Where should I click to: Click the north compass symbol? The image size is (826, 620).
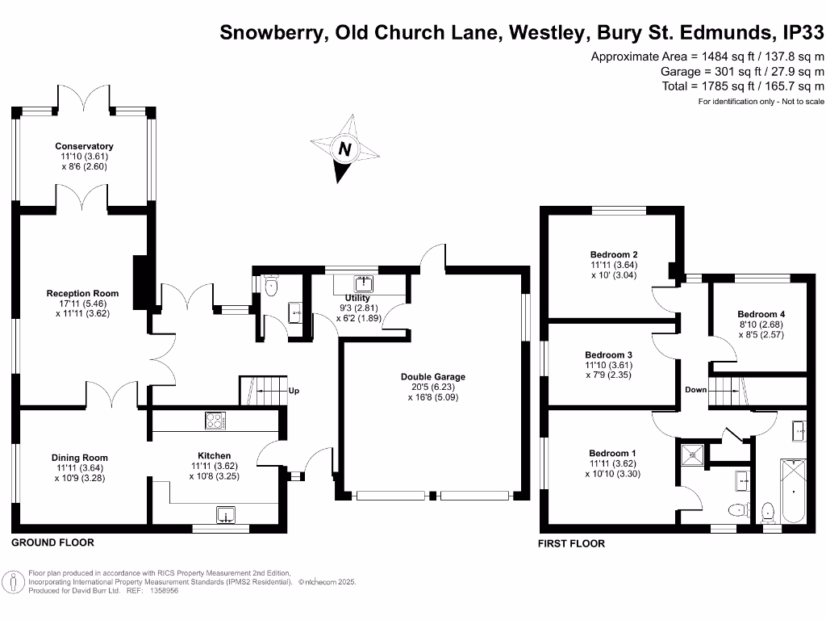pos(345,149)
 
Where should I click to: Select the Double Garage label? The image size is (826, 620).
pos(433,376)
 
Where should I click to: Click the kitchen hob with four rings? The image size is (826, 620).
pos(215,421)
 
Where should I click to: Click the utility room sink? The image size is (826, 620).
pos(364,283)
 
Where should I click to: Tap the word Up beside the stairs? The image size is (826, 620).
pos(294,391)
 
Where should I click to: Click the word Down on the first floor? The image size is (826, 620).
pos(695,389)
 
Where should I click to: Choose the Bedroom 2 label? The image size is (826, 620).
pos(615,254)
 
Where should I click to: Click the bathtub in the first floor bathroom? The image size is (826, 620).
pos(794,489)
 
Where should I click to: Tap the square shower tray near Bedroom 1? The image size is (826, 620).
pos(692,455)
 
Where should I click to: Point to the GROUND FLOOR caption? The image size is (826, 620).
pos(52,542)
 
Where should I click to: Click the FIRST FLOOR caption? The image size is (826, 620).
pos(571,543)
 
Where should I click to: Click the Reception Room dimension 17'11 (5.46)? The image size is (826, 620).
pos(82,304)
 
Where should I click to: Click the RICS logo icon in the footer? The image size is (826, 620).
pos(14,581)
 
